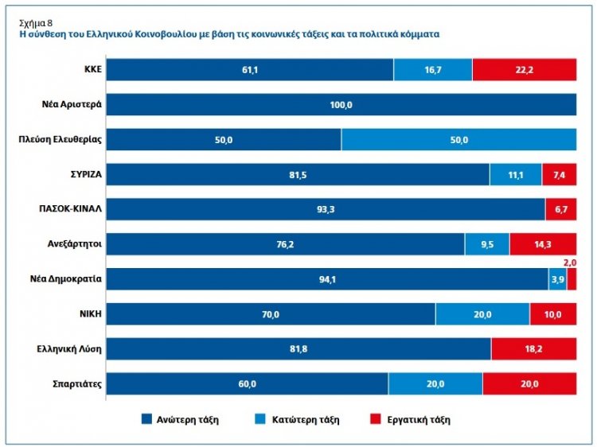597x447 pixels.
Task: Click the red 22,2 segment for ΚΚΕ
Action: tap(524, 70)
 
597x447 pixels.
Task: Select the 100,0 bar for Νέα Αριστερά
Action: tap(341, 105)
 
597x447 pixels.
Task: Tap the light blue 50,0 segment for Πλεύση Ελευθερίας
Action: tap(458, 140)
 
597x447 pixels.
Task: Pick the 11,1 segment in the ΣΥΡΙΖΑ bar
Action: tap(516, 175)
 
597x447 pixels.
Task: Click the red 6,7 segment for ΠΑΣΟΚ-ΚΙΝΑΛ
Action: tap(560, 209)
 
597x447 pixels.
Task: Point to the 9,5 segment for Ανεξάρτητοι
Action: tap(487, 244)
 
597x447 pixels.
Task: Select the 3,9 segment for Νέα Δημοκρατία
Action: tap(557, 279)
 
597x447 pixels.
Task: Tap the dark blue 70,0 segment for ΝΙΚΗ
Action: tap(271, 314)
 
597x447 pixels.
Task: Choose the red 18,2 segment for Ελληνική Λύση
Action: tap(533, 349)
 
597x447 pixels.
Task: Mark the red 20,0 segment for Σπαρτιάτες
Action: tap(529, 383)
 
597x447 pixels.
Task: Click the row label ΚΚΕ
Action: tap(90, 70)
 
